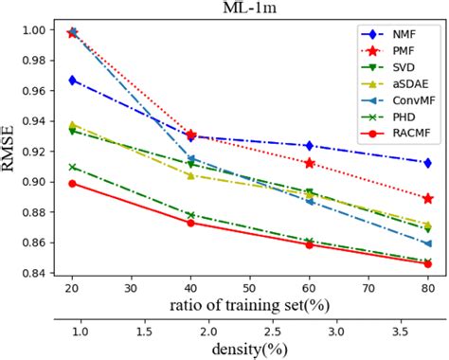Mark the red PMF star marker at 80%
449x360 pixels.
(428, 199)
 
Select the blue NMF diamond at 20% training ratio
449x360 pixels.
(72, 81)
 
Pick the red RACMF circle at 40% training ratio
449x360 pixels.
(190, 223)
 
